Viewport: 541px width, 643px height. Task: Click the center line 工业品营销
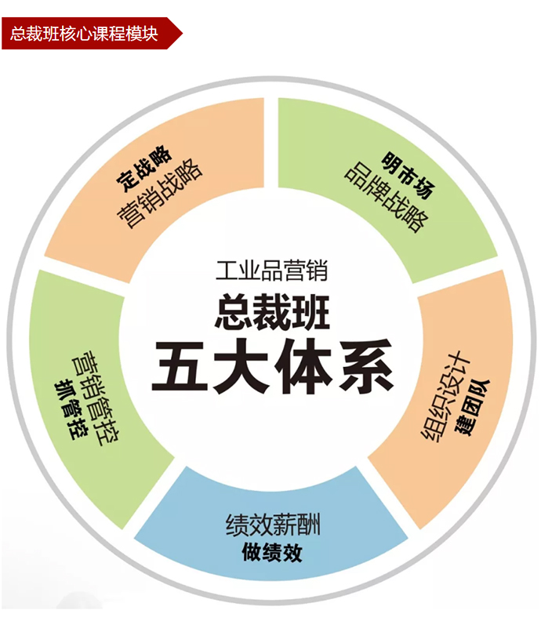271,272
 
